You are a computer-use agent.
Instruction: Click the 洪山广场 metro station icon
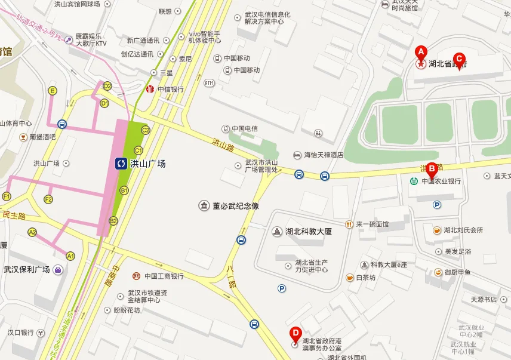tap(121, 163)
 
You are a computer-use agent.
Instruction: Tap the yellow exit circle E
tap(53, 91)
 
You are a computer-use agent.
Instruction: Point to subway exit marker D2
tap(107, 86)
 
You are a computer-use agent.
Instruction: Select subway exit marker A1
tap(70, 256)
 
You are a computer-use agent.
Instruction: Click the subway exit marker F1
tap(7, 196)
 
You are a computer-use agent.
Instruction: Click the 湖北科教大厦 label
tap(308, 231)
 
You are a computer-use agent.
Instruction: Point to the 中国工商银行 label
tap(163, 276)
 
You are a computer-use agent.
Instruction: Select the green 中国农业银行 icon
tap(414, 181)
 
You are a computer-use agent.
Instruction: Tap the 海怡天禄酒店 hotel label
tap(324, 155)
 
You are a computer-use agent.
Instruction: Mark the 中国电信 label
tap(244, 128)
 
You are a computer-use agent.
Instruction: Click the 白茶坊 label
tap(365, 278)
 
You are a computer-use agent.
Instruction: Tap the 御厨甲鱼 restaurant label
tap(457, 272)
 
